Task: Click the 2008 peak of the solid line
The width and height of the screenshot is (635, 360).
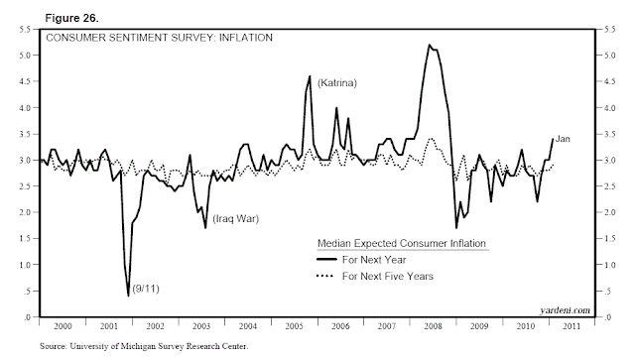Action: (x=429, y=45)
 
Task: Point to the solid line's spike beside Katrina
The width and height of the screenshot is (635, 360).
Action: (x=310, y=76)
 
